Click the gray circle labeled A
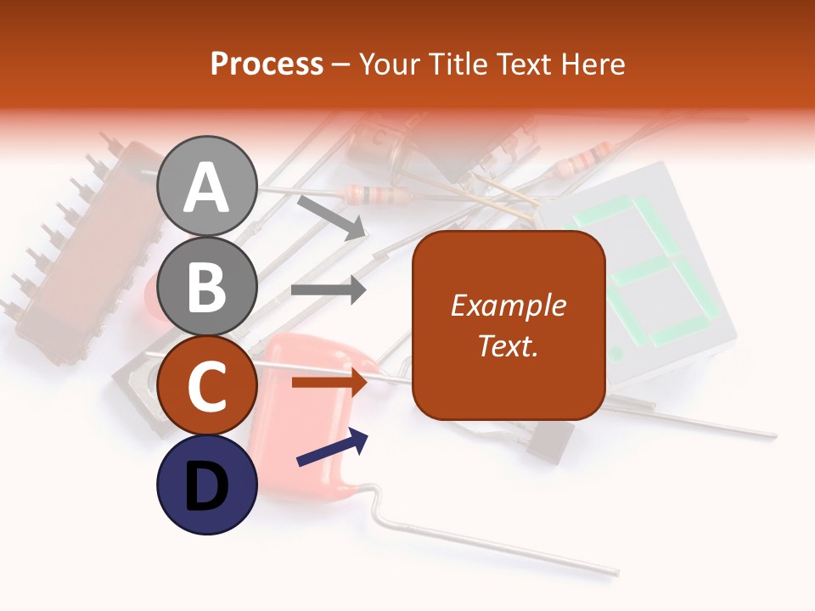click(x=206, y=187)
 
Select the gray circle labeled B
click(x=206, y=285)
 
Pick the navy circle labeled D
click(x=206, y=485)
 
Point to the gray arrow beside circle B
click(x=329, y=290)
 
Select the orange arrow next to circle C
click(x=329, y=383)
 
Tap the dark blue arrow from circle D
click(x=333, y=447)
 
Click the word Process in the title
click(x=267, y=64)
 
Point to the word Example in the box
click(x=508, y=305)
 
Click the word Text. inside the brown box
click(x=508, y=345)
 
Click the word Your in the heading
click(x=389, y=64)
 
